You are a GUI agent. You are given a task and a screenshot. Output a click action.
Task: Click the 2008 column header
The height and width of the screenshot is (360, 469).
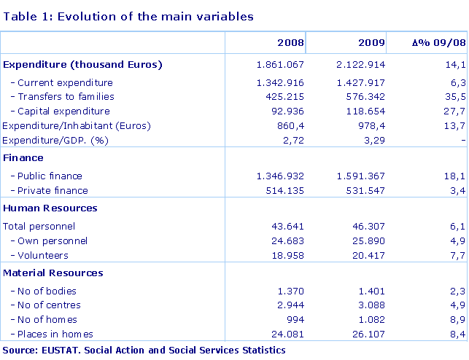290,44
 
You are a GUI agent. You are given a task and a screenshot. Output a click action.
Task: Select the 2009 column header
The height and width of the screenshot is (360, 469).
371,44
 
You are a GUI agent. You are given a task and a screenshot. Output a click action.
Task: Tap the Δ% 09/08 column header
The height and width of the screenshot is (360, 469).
438,44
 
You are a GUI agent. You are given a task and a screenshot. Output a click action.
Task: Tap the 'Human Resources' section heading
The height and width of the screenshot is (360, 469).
50,208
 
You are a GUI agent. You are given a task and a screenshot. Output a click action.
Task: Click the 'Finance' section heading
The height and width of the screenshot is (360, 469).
23,157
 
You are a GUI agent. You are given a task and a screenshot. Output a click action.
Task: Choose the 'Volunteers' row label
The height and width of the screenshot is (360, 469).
43,255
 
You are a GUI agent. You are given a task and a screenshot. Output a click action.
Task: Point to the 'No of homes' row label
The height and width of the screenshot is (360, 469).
47,319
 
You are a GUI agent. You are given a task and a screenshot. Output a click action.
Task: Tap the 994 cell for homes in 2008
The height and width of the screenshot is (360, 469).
295,319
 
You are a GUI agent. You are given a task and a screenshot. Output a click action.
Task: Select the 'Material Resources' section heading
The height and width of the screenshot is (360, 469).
53,273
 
